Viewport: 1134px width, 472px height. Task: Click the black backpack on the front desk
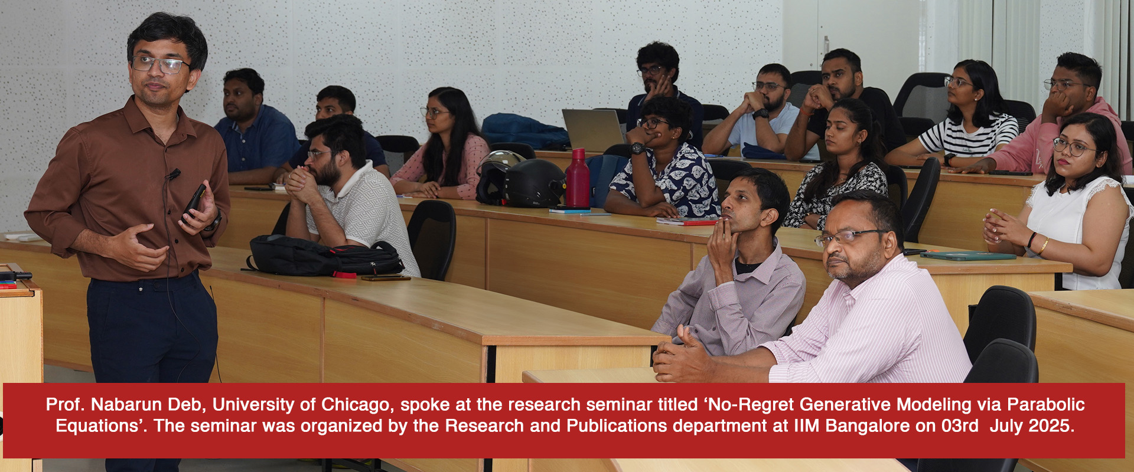click(x=325, y=255)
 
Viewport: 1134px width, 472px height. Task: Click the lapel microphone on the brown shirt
click(x=172, y=174)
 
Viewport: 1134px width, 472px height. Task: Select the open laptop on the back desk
click(x=594, y=130)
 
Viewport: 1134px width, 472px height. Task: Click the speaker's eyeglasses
click(x=159, y=64)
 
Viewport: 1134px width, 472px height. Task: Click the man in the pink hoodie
click(x=1057, y=118)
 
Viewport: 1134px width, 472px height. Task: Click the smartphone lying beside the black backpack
click(x=386, y=278)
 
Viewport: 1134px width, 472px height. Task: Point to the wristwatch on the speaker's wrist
click(x=214, y=222)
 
